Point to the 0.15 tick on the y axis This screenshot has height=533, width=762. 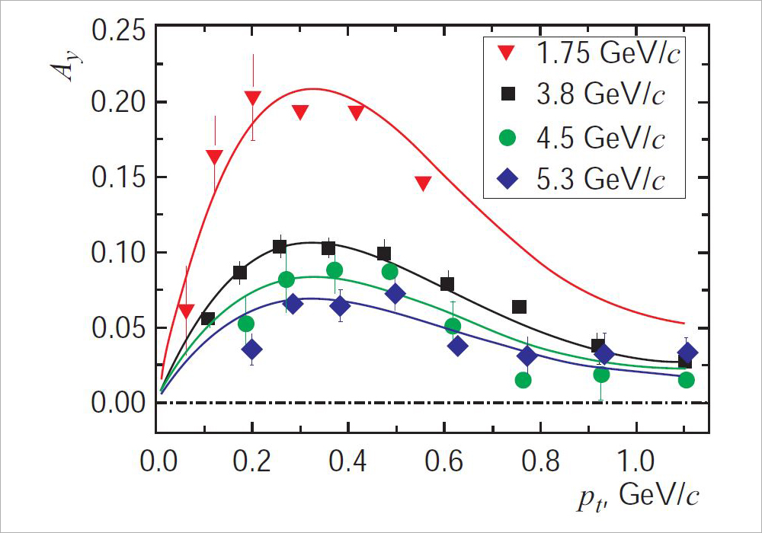click(116, 178)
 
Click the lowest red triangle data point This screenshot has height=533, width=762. click(187, 311)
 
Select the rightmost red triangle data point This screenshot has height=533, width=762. click(424, 183)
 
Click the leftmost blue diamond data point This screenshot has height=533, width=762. click(252, 349)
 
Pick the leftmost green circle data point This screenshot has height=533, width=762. click(246, 324)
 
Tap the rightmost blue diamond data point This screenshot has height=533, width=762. click(687, 353)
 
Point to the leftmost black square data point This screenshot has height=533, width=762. click(207, 319)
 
